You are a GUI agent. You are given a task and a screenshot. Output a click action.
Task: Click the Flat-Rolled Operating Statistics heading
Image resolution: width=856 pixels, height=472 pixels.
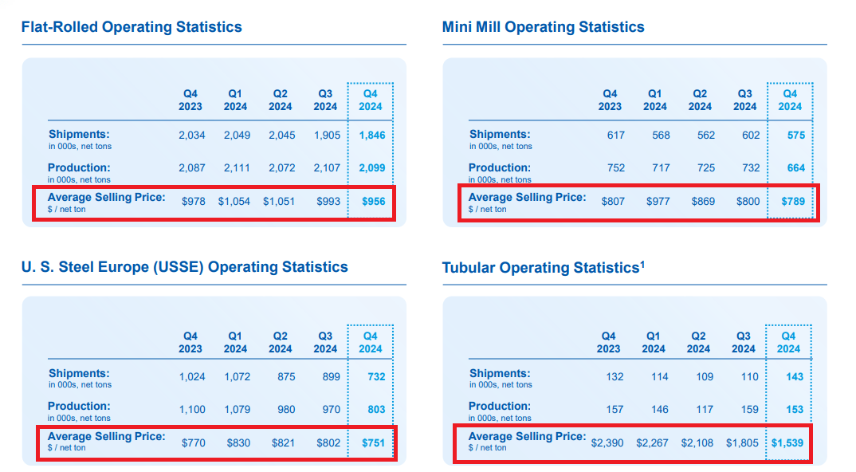(x=132, y=27)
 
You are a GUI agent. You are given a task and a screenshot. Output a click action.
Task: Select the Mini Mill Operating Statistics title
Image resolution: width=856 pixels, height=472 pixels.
(x=543, y=27)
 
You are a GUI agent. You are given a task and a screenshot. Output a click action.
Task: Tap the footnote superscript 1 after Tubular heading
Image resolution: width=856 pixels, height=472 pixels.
(x=642, y=264)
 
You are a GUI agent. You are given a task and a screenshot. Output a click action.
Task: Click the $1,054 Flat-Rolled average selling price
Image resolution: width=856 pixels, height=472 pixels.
(x=234, y=202)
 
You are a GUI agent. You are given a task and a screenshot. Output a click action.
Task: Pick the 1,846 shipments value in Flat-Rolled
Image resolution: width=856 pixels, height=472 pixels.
(x=371, y=136)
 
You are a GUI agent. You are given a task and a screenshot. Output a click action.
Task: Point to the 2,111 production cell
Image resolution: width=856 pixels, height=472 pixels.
(x=237, y=168)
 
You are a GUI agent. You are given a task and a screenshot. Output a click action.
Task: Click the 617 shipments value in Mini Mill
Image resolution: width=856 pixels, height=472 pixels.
(x=615, y=136)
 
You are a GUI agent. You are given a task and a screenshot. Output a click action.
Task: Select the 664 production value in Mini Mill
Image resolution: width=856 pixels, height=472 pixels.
(x=795, y=168)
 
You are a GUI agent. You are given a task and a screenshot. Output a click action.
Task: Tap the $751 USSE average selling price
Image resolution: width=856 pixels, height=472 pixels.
(x=373, y=442)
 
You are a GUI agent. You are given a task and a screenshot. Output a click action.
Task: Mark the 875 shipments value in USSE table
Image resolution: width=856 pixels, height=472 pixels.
(x=286, y=377)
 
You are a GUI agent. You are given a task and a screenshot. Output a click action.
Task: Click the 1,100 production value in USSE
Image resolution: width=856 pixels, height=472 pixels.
(x=191, y=410)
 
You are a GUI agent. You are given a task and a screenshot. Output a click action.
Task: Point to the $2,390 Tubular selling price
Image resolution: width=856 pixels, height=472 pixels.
(x=608, y=442)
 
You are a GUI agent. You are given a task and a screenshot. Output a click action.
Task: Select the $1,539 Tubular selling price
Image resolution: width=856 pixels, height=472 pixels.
(x=787, y=442)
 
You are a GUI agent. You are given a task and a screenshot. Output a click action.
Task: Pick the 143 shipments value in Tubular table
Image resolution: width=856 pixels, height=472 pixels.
(x=794, y=377)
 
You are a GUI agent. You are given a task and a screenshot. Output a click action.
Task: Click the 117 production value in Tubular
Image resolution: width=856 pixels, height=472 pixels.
(x=704, y=410)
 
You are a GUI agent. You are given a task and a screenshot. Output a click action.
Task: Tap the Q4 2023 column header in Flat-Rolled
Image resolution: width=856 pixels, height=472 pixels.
(x=190, y=100)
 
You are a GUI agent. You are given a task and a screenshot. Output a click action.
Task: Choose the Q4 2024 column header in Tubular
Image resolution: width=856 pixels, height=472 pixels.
(x=788, y=343)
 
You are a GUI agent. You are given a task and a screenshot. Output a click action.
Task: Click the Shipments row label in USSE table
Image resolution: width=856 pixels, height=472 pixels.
(x=79, y=374)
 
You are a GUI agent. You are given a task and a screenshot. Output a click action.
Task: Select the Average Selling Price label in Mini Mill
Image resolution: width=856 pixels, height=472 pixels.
(x=527, y=198)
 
